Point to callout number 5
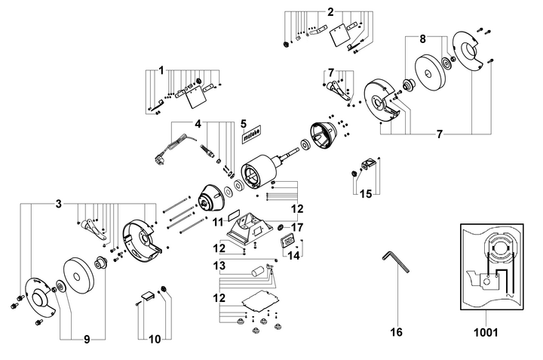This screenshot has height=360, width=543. coord(243,122)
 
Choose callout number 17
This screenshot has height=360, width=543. coord(297,226)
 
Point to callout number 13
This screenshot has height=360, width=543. coord(219,266)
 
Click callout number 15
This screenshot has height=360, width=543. coord(365,194)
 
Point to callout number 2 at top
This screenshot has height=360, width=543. coord(330,11)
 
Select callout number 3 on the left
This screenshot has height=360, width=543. coord(58,204)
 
